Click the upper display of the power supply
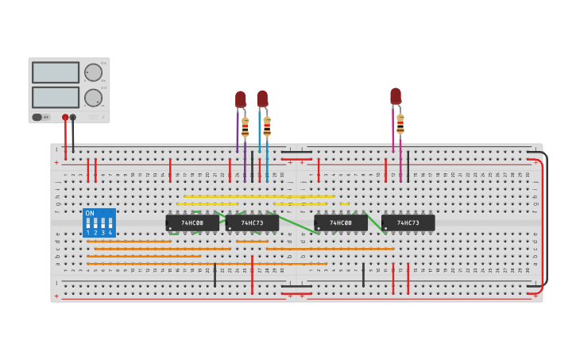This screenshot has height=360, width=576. [56, 72]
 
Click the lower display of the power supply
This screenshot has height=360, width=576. [56, 97]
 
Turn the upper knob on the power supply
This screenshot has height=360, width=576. [93, 72]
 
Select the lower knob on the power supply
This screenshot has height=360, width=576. [93, 98]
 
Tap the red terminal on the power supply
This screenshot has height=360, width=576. [65, 117]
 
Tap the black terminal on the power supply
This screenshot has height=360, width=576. [73, 117]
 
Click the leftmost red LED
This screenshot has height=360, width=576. [241, 99]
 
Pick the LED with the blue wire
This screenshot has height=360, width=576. [262, 99]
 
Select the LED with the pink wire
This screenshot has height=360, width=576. [396, 96]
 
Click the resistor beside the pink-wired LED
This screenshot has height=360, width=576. [400, 123]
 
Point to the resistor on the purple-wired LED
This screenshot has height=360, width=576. [245, 126]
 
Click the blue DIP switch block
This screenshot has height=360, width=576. [99, 223]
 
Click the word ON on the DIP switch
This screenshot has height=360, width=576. [90, 213]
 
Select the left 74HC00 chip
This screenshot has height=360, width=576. [192, 223]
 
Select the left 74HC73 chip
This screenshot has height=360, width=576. [252, 223]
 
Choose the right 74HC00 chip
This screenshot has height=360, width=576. [340, 223]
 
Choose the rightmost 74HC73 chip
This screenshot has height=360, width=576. [408, 223]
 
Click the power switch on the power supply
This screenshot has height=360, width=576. [37, 117]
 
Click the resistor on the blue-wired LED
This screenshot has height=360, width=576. [267, 126]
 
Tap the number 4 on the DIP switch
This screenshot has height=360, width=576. [110, 233]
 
